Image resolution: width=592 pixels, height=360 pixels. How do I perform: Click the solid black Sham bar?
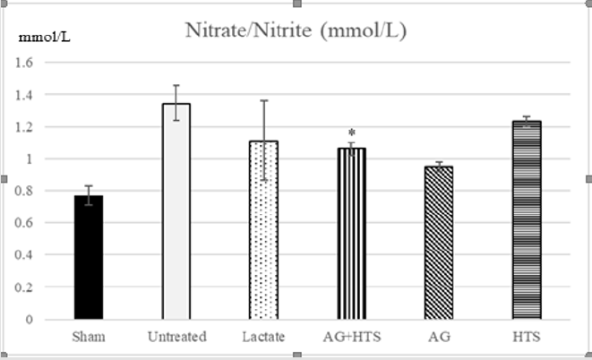89,257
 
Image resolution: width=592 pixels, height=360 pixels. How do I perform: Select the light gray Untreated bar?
176,211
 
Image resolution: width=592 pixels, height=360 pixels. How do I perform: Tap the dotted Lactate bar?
263,230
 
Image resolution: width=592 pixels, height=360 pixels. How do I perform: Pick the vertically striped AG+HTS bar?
351,234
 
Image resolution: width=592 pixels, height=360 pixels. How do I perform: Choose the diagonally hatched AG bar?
439,243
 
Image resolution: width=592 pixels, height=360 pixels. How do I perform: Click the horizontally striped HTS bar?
527,220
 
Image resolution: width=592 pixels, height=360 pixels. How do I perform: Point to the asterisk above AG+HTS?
352,133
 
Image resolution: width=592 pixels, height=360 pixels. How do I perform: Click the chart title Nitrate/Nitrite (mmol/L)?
296,30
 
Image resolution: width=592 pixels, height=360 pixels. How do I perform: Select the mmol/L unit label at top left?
45,38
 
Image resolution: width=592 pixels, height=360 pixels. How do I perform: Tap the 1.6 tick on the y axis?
24,63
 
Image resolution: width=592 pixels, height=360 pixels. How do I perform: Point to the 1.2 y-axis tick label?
24,127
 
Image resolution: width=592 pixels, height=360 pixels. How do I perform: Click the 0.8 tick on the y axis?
24,191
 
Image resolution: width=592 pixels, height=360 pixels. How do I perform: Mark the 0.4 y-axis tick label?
24,255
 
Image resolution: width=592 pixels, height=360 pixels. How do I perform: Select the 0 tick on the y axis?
29,320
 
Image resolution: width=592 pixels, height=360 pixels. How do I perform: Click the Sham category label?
89,337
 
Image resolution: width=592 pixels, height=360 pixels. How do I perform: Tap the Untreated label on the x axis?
177,337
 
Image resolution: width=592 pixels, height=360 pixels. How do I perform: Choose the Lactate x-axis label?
263,337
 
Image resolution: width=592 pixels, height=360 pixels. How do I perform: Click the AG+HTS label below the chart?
352,337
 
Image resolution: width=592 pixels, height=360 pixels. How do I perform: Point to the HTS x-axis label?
527,337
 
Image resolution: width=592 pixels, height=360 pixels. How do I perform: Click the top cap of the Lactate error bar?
264,100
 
